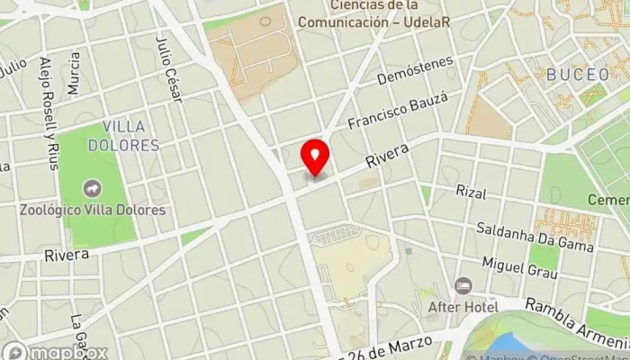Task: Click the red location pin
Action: pyautogui.click(x=315, y=157)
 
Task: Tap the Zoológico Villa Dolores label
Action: pyautogui.click(x=94, y=210)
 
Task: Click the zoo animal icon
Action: pyautogui.click(x=92, y=189)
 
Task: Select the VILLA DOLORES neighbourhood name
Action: pyautogui.click(x=130, y=135)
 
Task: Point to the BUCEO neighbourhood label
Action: pyautogui.click(x=577, y=75)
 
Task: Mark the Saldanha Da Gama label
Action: pyautogui.click(x=535, y=236)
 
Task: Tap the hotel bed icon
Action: pyautogui.click(x=463, y=286)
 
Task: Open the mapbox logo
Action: pyautogui.click(x=54, y=352)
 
